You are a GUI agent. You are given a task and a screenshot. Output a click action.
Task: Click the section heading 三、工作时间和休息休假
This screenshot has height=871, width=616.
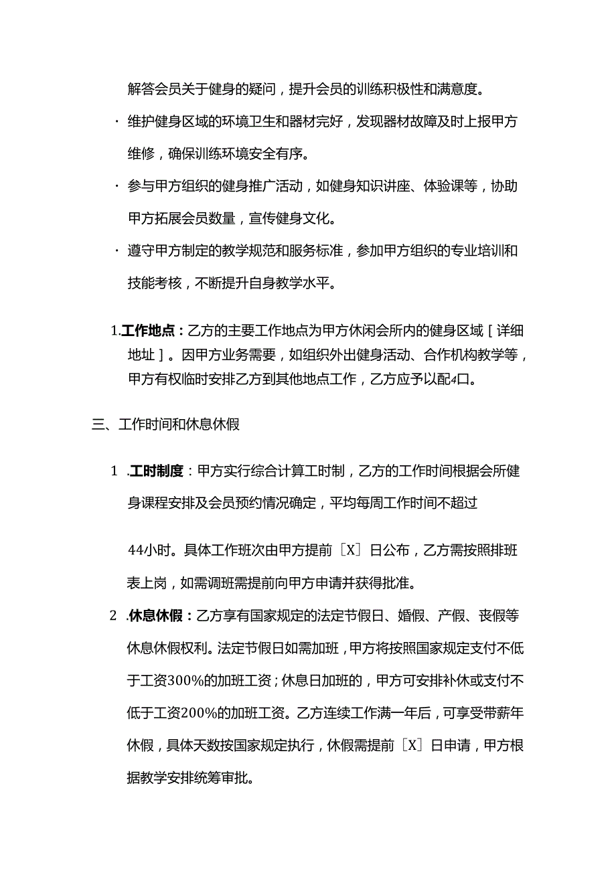(165, 424)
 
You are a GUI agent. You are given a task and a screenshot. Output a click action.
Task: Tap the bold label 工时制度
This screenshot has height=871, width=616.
(157, 471)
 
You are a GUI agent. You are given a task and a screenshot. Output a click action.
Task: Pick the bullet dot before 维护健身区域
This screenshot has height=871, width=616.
(117, 122)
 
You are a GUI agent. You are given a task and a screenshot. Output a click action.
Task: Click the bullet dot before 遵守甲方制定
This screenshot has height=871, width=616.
(117, 251)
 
